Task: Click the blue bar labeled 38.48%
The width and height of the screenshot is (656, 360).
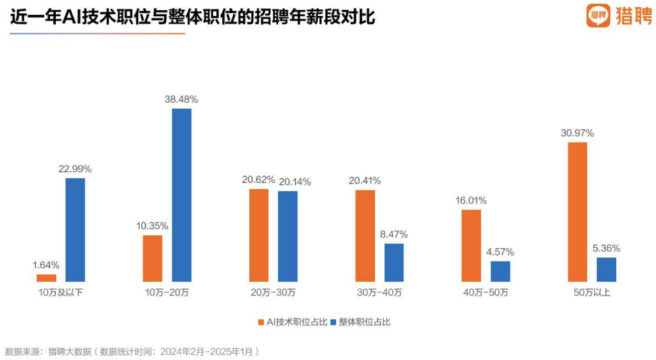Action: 182,195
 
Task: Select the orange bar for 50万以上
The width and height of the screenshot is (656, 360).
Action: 577,212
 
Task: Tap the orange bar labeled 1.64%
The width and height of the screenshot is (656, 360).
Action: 46,278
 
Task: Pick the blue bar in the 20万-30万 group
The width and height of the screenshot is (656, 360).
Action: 288,236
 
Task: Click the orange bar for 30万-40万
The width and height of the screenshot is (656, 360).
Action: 365,236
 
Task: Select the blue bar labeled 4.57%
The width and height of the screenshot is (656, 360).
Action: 501,271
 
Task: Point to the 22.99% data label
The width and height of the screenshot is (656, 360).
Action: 75,169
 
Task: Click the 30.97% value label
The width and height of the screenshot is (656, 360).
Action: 577,133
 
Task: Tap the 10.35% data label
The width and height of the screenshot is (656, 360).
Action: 152,226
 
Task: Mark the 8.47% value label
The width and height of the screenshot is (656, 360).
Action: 394,234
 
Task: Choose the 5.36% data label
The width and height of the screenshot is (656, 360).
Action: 606,248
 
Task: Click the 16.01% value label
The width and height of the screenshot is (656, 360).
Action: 471,200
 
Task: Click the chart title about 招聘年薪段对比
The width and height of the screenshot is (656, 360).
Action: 193,18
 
